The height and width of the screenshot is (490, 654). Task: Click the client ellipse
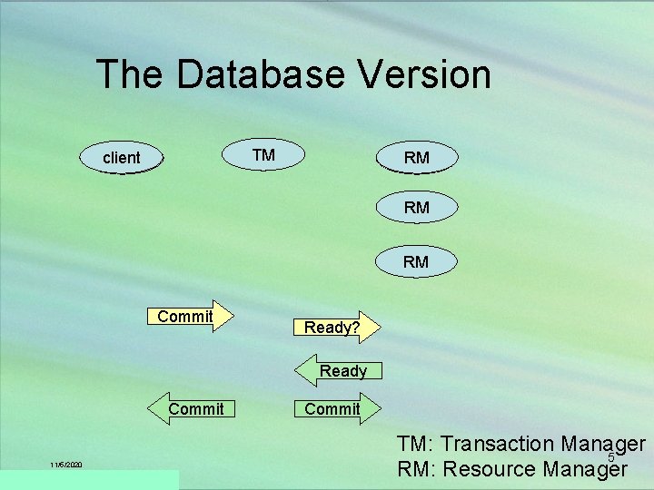[122, 158]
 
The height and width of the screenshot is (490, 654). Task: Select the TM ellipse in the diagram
[263, 155]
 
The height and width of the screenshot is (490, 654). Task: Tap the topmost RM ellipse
[417, 158]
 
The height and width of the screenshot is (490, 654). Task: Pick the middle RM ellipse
[417, 208]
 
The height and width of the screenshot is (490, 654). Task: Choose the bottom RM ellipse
[417, 261]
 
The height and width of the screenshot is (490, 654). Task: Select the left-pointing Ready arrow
[337, 370]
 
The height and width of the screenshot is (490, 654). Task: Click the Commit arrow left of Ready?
[190, 317]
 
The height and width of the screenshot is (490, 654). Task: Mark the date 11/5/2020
[66, 465]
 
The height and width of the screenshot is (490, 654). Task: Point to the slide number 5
[610, 457]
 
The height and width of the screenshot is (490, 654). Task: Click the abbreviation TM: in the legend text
[416, 445]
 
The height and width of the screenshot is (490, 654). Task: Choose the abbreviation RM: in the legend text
[417, 470]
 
